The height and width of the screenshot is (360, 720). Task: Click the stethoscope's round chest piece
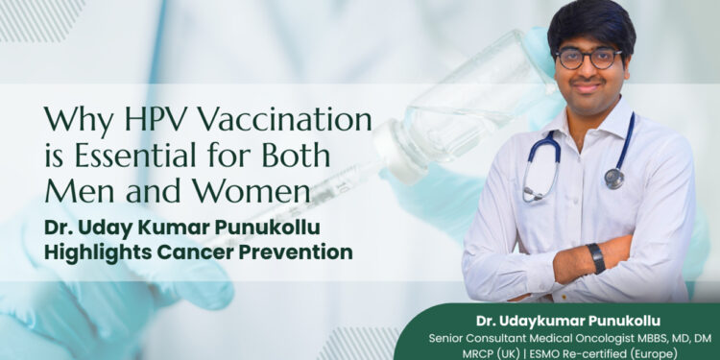click(614, 178)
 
